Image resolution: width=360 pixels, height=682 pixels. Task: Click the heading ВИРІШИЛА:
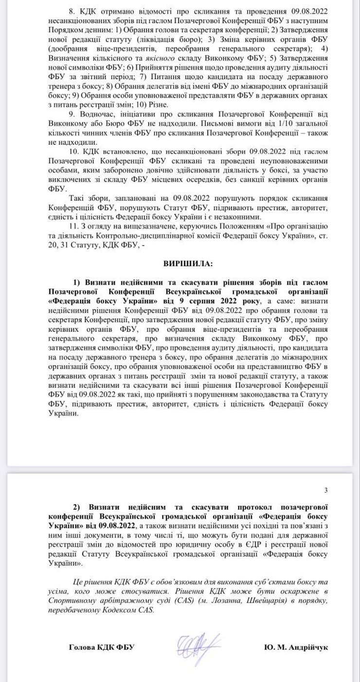(x=184, y=263)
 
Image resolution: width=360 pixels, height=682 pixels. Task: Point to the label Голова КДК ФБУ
(x=102, y=647)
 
